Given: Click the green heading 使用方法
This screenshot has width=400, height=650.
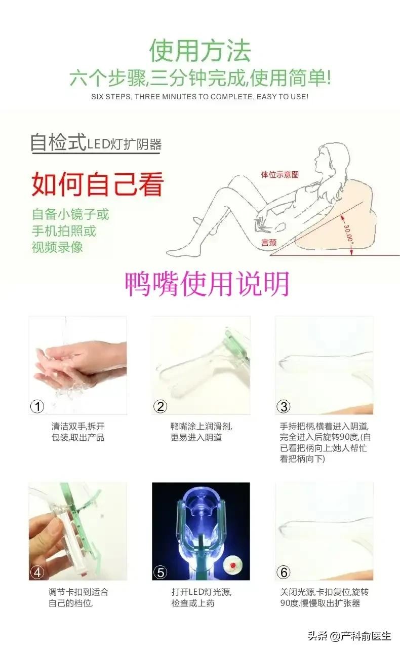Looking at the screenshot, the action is (200, 51).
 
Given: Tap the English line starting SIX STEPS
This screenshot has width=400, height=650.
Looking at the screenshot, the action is (200, 97).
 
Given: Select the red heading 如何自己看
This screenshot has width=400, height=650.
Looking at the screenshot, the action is (97, 184).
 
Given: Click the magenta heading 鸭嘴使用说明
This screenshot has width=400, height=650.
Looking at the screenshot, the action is (207, 284).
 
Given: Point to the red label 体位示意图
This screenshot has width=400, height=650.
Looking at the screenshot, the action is (279, 175).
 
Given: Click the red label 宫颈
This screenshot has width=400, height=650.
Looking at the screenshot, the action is (269, 242).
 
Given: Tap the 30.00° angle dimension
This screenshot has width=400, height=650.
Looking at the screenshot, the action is (348, 234).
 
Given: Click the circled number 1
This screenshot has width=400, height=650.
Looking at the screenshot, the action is (37, 406).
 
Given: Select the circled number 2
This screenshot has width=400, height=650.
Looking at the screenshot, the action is (161, 406).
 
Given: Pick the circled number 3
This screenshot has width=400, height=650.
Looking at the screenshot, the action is (284, 406).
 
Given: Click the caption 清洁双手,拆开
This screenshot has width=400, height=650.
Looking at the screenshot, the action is (78, 426).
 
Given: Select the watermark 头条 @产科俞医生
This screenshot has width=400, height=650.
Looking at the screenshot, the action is (349, 636).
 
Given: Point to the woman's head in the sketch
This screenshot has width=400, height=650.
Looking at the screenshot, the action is (331, 158).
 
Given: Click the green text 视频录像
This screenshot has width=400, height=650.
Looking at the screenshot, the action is (57, 247).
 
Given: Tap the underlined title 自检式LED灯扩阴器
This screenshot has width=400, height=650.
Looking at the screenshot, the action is (96, 143).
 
